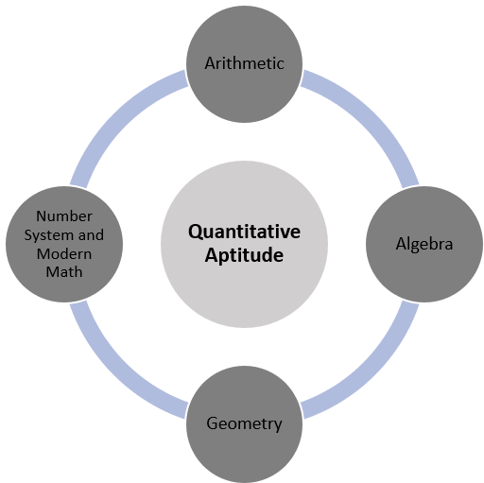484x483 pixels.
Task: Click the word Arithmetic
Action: [244, 63]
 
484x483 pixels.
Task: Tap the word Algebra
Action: [424, 244]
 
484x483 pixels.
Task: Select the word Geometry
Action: [244, 423]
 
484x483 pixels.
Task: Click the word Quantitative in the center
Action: [244, 232]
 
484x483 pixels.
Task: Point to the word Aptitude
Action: [244, 255]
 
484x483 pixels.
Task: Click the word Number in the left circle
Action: [64, 216]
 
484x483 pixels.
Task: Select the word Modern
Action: [64, 254]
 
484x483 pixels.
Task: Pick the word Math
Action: [64, 272]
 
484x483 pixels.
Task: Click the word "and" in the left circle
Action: [91, 235]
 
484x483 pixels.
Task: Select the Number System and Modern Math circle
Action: [64, 290]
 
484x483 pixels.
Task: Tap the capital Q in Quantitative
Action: [195, 233]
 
